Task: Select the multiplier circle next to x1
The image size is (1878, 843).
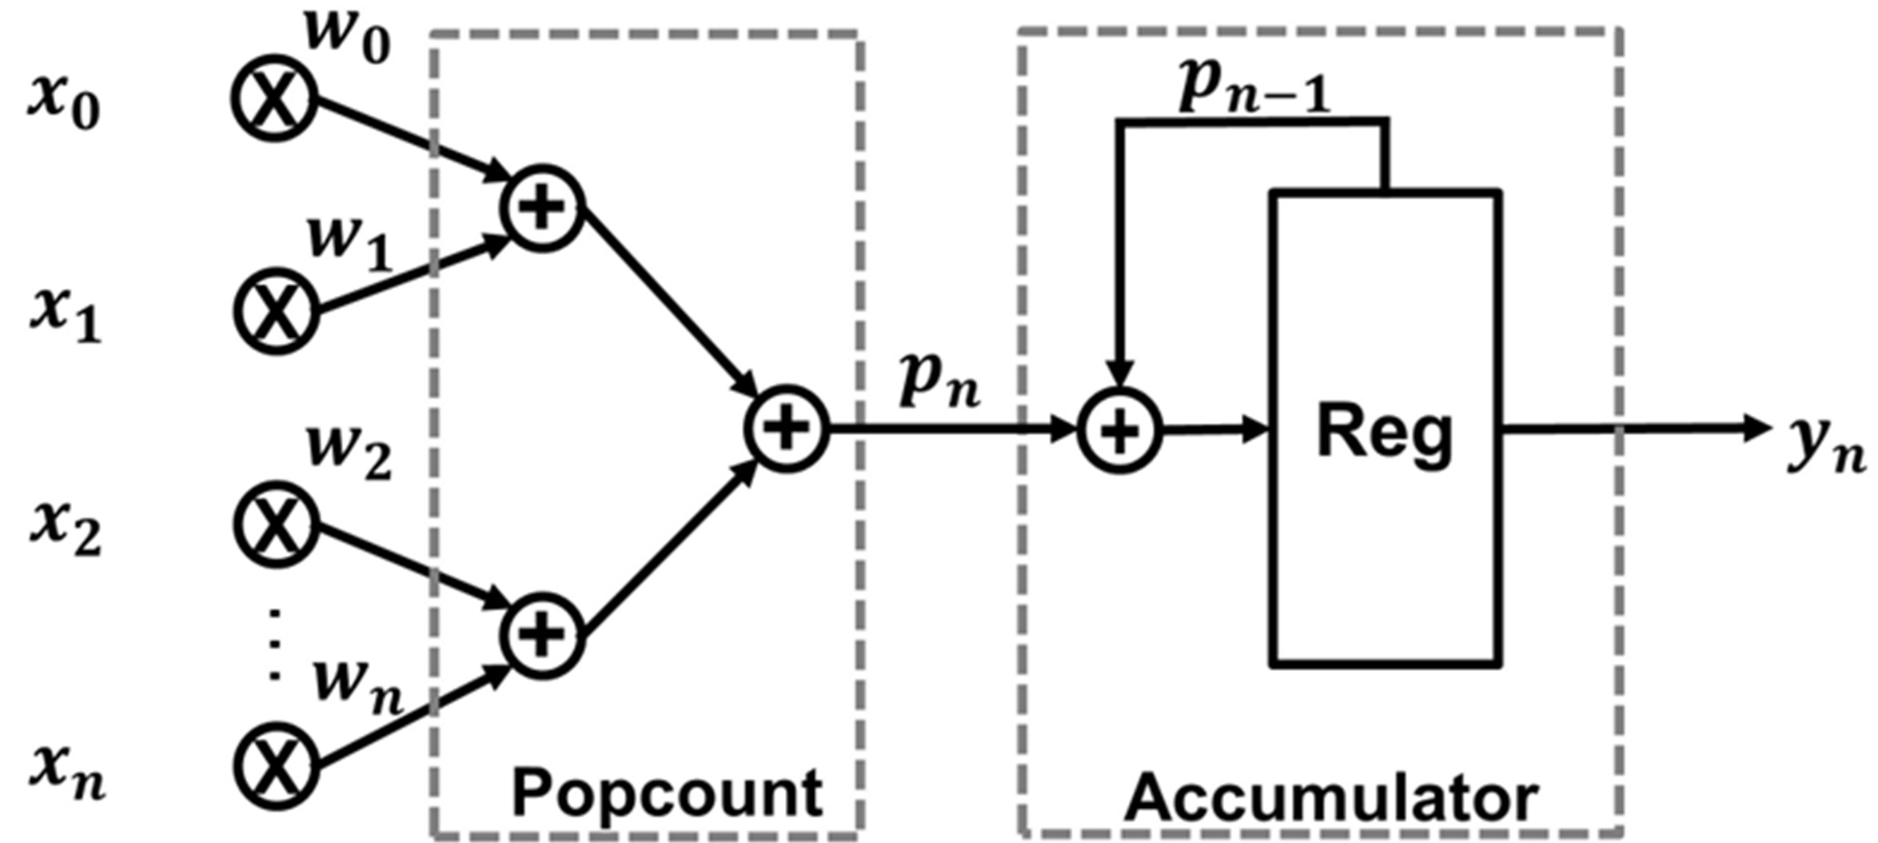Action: coord(276,310)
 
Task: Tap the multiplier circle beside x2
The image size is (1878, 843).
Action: coord(276,524)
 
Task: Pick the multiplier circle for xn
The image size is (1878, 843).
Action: coord(276,764)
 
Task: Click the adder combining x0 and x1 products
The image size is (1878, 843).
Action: coord(543,209)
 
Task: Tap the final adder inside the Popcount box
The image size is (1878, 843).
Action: coord(787,429)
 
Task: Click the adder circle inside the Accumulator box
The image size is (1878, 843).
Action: coord(1119,430)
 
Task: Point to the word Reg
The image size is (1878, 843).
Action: coord(1385,434)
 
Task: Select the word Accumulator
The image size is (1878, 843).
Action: coord(1331,798)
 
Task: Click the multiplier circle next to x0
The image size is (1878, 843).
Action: coord(274,99)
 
